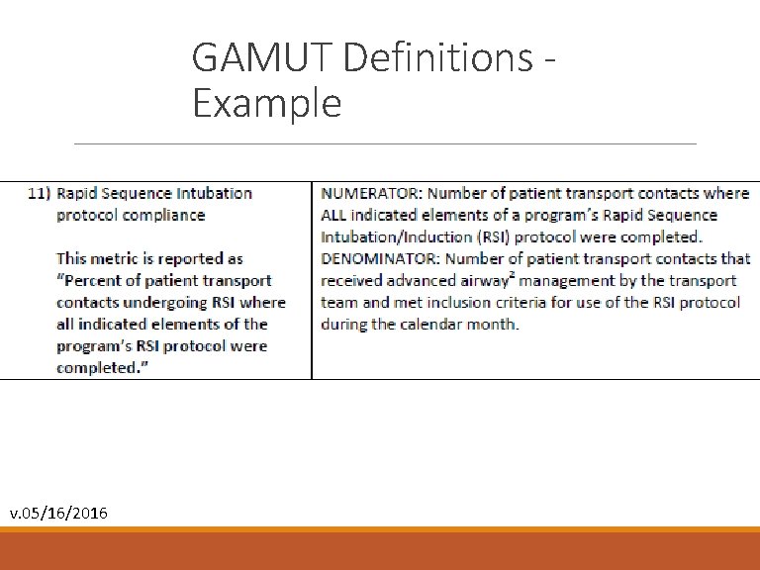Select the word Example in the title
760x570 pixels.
click(x=267, y=103)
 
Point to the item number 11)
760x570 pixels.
click(x=39, y=194)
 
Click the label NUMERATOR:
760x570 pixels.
click(x=371, y=194)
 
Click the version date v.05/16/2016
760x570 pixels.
click(x=59, y=513)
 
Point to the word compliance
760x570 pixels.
click(x=159, y=216)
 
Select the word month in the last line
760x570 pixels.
click(x=496, y=325)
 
